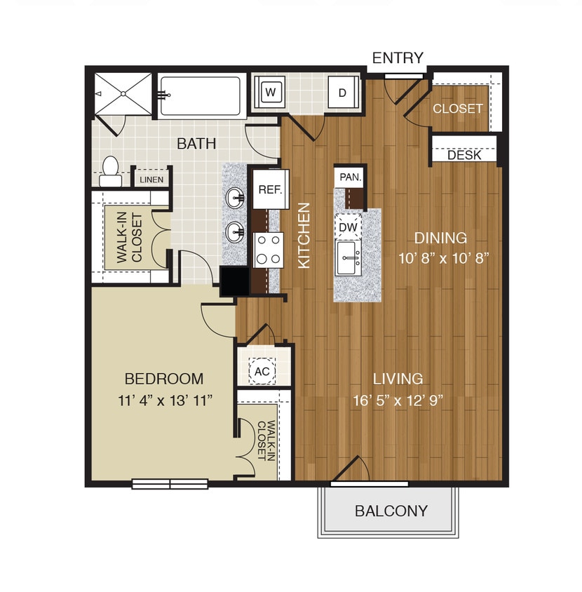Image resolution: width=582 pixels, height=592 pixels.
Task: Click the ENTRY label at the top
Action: (x=398, y=58)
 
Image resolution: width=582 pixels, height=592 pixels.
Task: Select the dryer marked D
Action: (x=343, y=93)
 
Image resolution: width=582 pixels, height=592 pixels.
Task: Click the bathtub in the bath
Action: (x=200, y=96)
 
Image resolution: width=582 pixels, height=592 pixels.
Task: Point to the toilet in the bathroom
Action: (x=110, y=171)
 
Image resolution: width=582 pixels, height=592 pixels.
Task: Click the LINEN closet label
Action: (x=151, y=180)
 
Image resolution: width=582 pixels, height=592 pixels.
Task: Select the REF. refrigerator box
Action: (x=269, y=189)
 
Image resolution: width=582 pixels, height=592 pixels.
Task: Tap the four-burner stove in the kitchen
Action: (x=269, y=250)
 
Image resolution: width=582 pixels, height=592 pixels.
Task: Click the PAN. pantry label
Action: (x=350, y=178)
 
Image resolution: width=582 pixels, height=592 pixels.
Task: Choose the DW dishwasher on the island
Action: (x=348, y=227)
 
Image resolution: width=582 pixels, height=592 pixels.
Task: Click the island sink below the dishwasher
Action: (x=348, y=259)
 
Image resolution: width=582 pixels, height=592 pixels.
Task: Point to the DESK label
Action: (x=464, y=155)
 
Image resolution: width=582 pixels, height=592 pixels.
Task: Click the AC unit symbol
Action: (x=262, y=371)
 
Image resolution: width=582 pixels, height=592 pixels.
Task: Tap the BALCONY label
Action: (x=391, y=511)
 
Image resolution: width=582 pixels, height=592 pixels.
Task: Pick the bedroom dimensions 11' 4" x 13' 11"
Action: (x=163, y=401)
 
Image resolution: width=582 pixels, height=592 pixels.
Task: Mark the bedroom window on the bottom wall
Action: (x=170, y=483)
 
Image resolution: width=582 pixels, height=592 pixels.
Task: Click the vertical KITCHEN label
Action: (x=304, y=235)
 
